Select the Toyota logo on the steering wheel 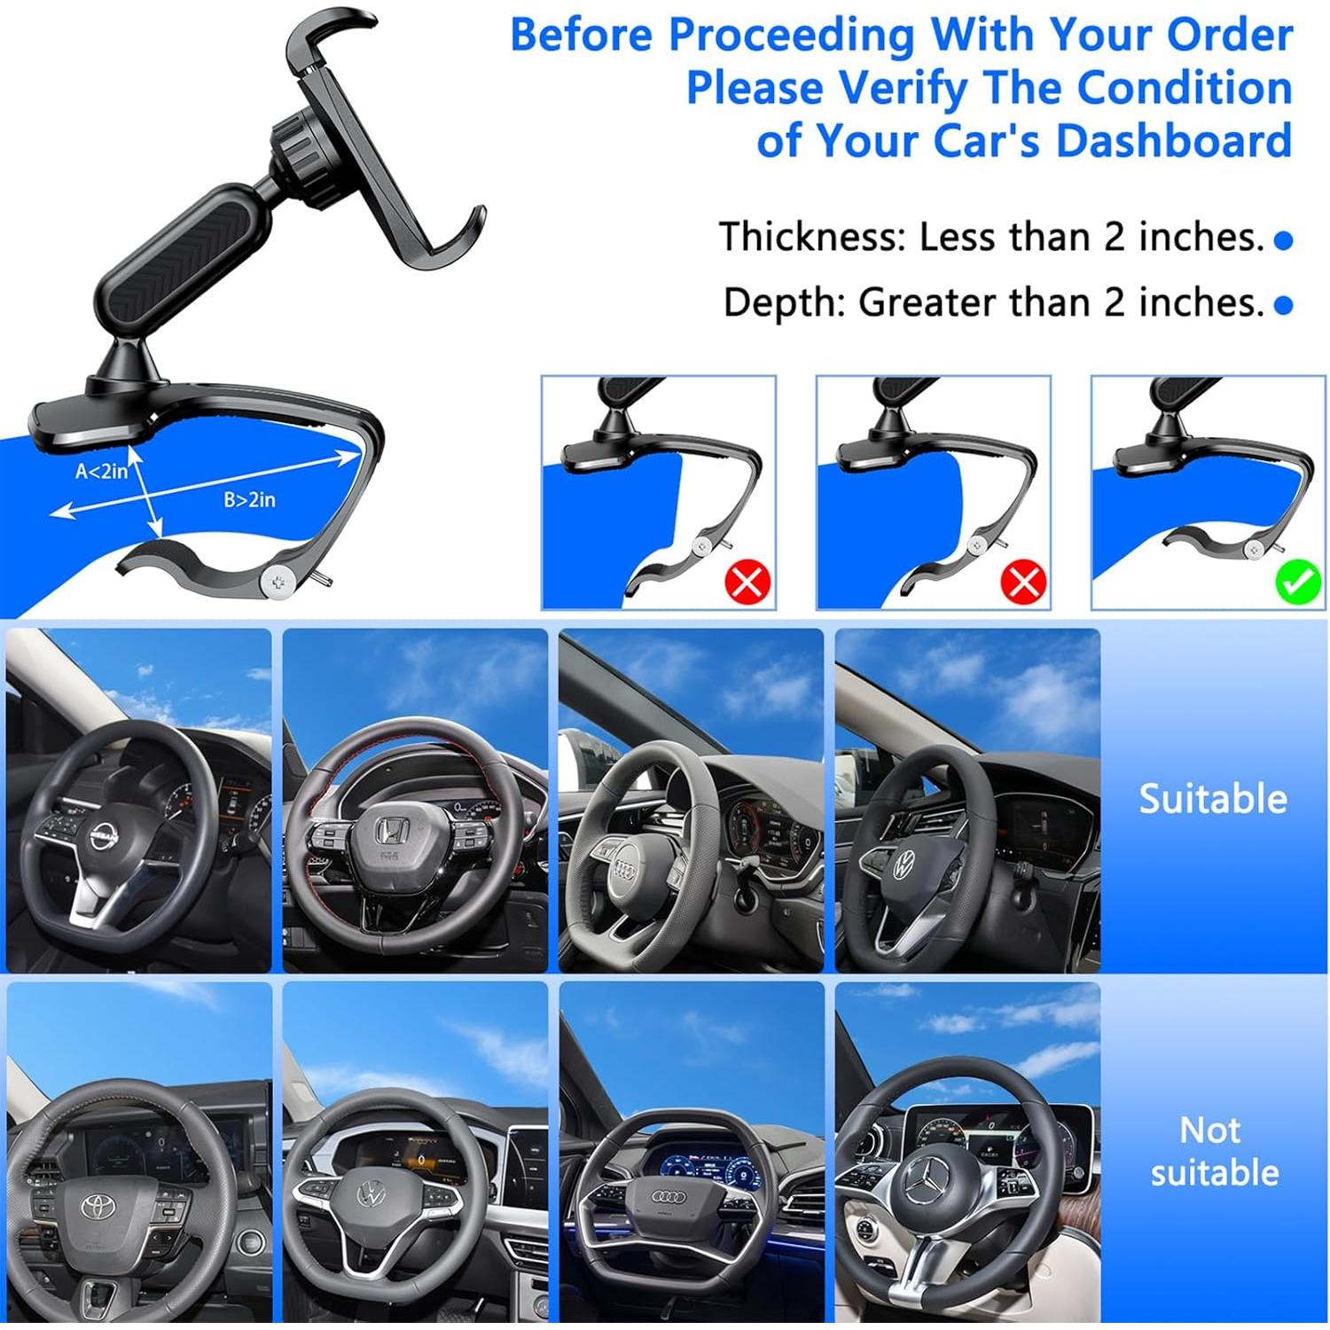[95, 1206]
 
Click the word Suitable [1212, 799]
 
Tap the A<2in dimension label [101, 472]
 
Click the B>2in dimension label [249, 500]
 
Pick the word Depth [784, 302]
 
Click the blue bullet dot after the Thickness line [1283, 240]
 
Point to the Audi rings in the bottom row [669, 1196]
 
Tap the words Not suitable [1213, 1152]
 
